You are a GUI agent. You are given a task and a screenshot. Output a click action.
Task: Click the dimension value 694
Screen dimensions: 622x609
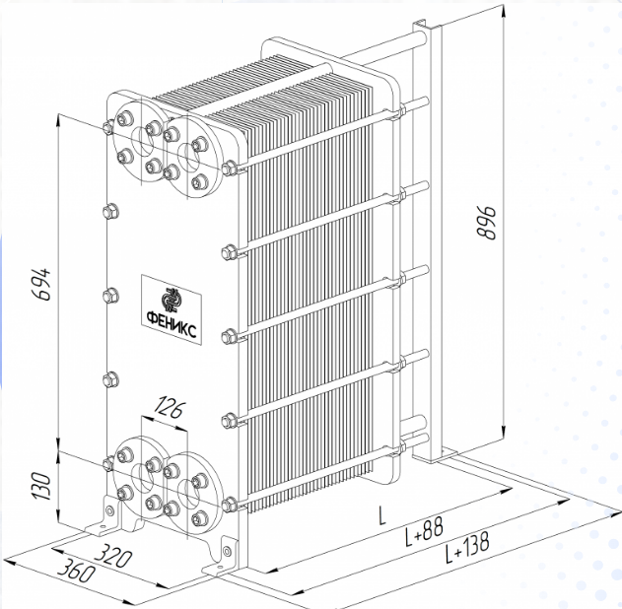41,284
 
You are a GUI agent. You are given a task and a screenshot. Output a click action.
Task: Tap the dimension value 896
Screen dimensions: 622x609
486,223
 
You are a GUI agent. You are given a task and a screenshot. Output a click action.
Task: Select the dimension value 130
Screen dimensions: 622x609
41,486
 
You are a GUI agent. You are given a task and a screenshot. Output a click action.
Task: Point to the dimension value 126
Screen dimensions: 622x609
169,409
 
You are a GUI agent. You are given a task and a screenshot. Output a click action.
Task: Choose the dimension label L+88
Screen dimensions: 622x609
423,530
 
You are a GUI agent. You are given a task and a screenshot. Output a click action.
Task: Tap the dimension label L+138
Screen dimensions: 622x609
467,548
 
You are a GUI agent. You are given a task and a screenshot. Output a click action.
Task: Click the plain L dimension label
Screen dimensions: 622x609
381,515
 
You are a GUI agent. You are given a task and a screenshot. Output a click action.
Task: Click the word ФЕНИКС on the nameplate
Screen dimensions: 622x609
172,323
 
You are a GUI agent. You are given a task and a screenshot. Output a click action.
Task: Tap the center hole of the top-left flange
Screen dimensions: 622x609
142,142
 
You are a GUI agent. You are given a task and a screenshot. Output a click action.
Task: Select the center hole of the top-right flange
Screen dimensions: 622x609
188,157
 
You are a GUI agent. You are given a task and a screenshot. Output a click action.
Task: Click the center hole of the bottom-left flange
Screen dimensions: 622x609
142,479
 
